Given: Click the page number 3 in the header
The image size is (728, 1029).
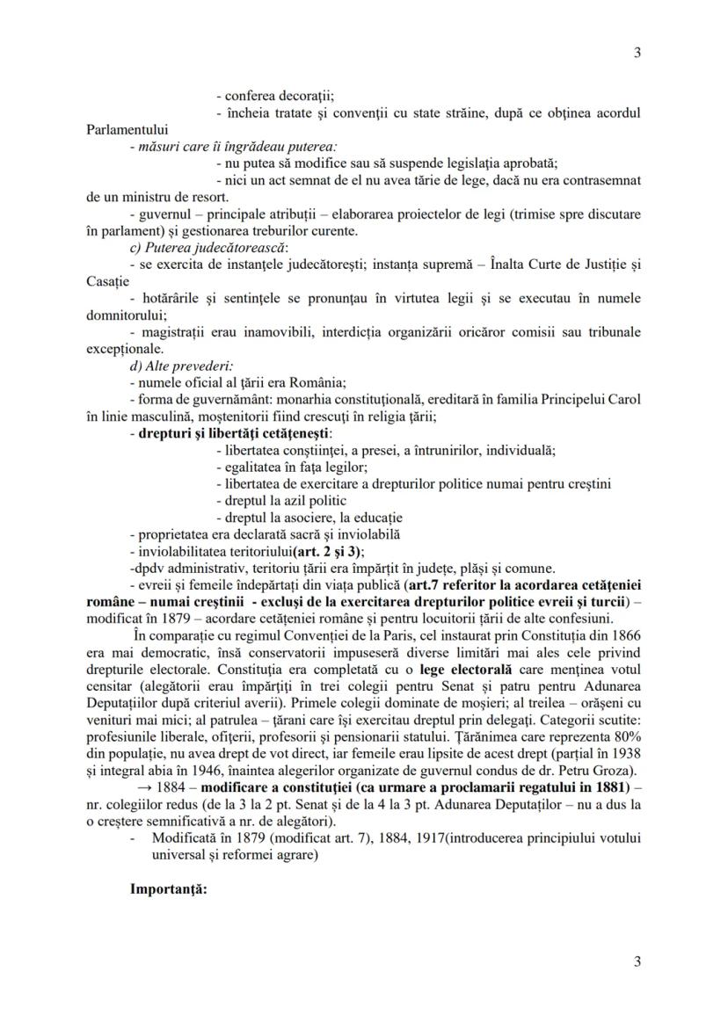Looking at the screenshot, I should click(637, 52).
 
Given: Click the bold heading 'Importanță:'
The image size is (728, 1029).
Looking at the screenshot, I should click(168, 888).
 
